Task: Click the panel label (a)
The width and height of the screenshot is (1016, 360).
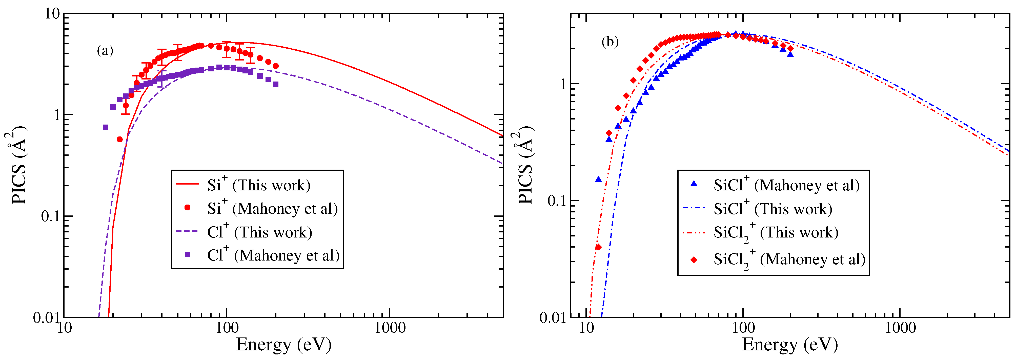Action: (105, 51)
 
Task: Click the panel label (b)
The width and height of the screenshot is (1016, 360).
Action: (610, 42)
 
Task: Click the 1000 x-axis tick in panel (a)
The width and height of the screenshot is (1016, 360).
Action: (390, 328)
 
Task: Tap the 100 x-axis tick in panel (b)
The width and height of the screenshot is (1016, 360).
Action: (743, 328)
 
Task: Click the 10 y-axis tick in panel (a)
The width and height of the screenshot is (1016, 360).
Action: (51, 14)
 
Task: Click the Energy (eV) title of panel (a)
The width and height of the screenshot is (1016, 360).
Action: (283, 345)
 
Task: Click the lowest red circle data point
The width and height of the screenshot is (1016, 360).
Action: (119, 139)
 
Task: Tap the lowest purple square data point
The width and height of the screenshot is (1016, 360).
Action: (105, 127)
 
